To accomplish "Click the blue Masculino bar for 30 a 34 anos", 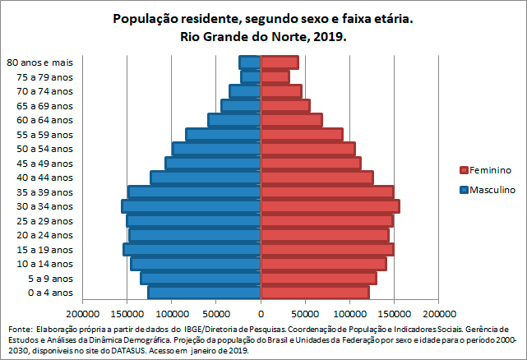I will point(192,206).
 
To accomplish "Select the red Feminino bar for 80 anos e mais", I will point(280,62).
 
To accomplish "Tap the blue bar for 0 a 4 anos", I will point(205,293).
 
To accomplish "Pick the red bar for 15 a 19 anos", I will point(327,249).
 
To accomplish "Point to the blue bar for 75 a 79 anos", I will point(251,76).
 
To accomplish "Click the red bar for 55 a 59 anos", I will point(302,134).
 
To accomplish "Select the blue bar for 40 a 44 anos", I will point(206,178).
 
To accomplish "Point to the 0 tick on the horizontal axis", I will point(261,314).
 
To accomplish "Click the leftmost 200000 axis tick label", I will point(83,314).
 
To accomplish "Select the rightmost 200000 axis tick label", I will point(438,314).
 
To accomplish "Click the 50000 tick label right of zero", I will point(305,314).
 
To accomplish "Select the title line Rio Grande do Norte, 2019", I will point(263,37).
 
